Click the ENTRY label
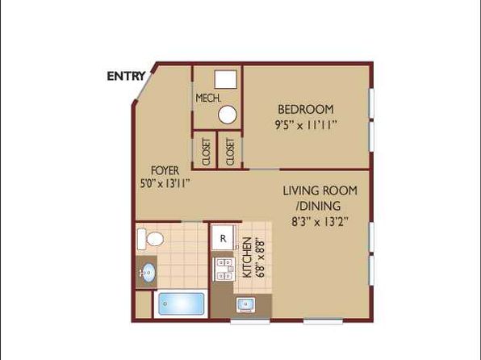(126, 76)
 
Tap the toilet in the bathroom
(150, 239)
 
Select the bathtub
(182, 303)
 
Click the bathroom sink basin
(148, 272)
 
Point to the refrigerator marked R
(223, 238)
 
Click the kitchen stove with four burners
(224, 269)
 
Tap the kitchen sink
(245, 305)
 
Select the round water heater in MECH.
(228, 115)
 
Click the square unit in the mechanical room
(225, 79)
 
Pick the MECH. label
(208, 98)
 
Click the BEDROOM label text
(306, 109)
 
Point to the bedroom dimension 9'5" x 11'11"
(306, 125)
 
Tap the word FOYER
(165, 170)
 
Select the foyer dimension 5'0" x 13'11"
(165, 183)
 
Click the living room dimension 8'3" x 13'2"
(320, 221)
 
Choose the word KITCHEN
(247, 257)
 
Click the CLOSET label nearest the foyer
(207, 152)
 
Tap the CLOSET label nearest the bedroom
(230, 152)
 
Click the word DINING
(320, 206)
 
